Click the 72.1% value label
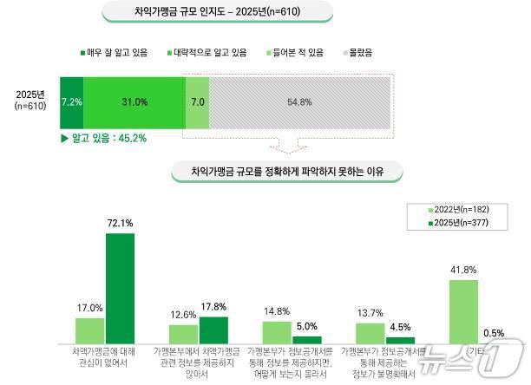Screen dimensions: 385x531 (x=120, y=224)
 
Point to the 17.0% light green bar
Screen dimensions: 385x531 (x=90, y=330)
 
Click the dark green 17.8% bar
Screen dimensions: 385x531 (x=213, y=330)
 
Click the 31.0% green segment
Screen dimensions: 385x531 (x=134, y=102)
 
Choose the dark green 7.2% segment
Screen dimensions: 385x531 (x=71, y=102)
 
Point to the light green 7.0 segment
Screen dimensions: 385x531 (x=198, y=102)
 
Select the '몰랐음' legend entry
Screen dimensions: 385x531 (x=355, y=53)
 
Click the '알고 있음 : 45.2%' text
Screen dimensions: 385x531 (x=96, y=138)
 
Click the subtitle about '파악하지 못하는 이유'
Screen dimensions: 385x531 (x=287, y=172)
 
